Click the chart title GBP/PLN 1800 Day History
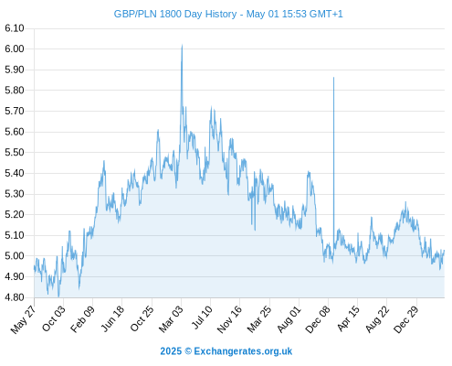point(175,15)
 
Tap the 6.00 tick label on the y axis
point(15,48)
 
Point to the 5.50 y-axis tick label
point(15,153)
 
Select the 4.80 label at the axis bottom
point(15,297)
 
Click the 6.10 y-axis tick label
point(15,28)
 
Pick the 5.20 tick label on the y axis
point(15,214)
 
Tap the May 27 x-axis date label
point(23,319)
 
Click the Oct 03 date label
point(54,318)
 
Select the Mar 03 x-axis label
point(171,318)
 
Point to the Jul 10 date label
point(202,318)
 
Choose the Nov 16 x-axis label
point(229,319)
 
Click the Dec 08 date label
point(318,319)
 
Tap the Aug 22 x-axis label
point(377,319)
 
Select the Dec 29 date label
point(406,319)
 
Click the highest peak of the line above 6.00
point(182,45)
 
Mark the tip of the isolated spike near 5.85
point(333,78)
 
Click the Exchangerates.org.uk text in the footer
point(243,351)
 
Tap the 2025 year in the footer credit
point(171,351)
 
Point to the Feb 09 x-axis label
point(82,319)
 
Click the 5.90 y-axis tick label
point(15,70)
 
